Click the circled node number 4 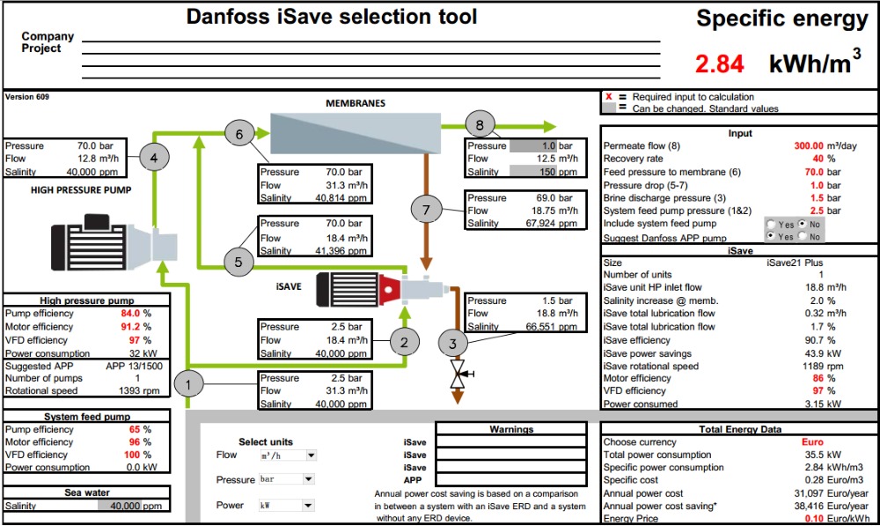[x=155, y=159]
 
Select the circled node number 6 [x=238, y=134]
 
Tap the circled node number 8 [x=479, y=124]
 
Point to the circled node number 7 [x=427, y=210]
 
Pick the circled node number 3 [x=452, y=344]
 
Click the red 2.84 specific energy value [x=719, y=63]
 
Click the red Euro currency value [x=813, y=441]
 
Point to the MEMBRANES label [x=356, y=103]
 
